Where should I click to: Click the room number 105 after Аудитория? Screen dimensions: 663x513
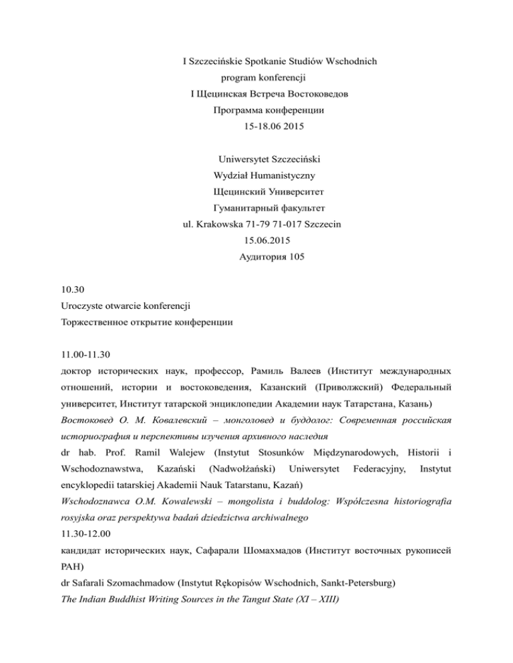pyautogui.click(x=299, y=256)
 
